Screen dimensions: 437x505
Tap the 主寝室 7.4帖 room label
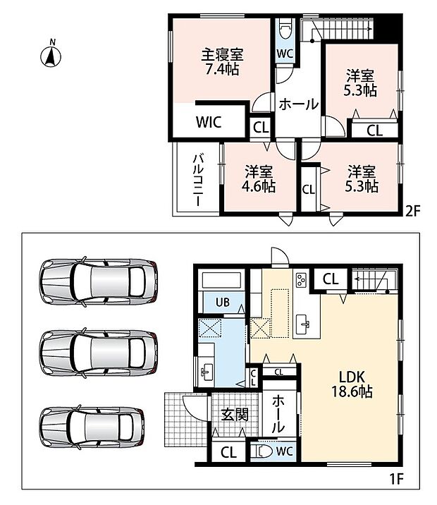click(x=222, y=62)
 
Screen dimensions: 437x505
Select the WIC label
click(x=209, y=122)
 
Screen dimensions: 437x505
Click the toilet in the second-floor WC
click(x=285, y=30)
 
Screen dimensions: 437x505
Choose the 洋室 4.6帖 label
click(x=259, y=179)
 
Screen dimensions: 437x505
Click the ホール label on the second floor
click(x=298, y=104)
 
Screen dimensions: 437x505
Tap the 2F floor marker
click(x=413, y=212)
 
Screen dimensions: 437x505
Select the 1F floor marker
click(x=396, y=479)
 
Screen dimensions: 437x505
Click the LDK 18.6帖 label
click(x=352, y=384)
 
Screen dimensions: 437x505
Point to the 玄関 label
click(x=235, y=415)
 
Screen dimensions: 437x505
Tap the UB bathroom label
click(x=223, y=302)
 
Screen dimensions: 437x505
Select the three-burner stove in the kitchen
click(x=302, y=279)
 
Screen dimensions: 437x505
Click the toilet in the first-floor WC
click(x=261, y=451)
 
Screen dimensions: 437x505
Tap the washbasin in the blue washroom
click(x=206, y=371)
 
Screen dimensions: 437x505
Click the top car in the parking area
click(x=99, y=281)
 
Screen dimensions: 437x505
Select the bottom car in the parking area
click(x=92, y=427)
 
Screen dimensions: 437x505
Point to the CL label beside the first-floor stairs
click(x=331, y=279)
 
